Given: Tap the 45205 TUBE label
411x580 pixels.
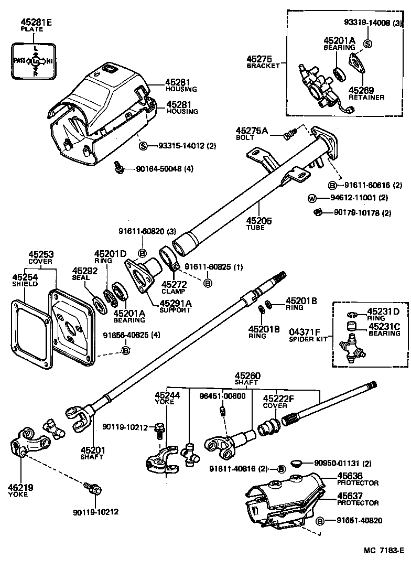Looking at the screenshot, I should click(259, 224).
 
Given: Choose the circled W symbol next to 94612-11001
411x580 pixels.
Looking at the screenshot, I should click(311, 198).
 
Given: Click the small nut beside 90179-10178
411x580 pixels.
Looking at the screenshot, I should click(317, 212).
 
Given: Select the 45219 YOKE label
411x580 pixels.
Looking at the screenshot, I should click(20, 490).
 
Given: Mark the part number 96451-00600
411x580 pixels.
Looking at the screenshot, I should click(222, 396).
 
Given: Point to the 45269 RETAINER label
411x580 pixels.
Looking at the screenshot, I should click(366, 93).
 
